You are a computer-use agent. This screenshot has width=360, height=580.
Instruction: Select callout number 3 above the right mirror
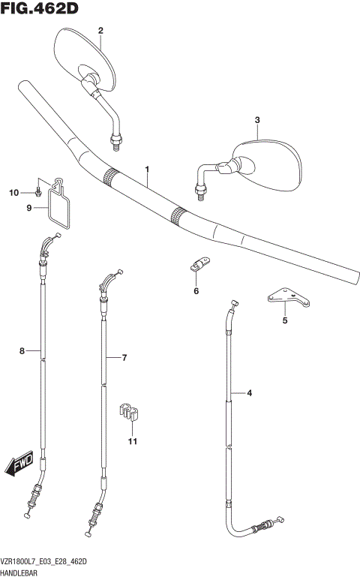[x=256, y=120]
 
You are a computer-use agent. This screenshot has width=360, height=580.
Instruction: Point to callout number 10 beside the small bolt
[x=13, y=194]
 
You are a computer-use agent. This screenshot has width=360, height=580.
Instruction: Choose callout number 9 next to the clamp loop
[x=29, y=208]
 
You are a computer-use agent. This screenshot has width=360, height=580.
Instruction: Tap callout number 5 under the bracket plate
[x=284, y=321]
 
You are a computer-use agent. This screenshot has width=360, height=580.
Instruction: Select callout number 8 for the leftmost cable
[x=22, y=350]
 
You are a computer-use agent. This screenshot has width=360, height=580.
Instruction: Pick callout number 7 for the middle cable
[x=125, y=358]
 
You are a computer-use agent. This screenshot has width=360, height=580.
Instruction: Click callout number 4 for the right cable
[x=250, y=392]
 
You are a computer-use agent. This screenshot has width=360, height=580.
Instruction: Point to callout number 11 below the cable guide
[x=132, y=441]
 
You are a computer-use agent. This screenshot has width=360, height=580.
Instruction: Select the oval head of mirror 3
[x=266, y=161]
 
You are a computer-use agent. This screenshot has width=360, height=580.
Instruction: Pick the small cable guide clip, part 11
[x=130, y=412]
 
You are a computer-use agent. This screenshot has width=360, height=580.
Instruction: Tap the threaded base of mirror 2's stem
[x=116, y=140]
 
